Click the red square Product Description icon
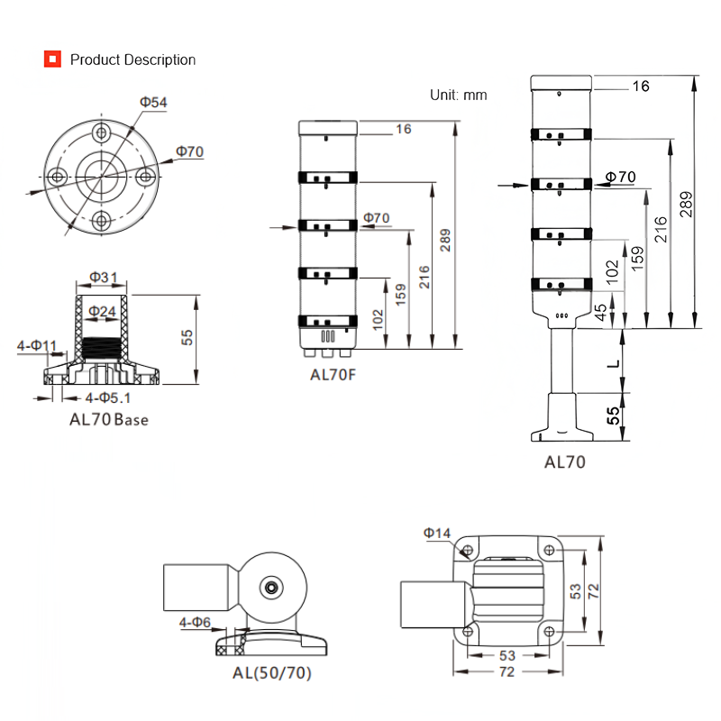pyautogui.click(x=52, y=59)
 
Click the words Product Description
pyautogui.click(x=132, y=59)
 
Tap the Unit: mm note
pyautogui.click(x=458, y=94)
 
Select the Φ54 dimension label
pyautogui.click(x=153, y=103)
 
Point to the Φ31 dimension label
pyautogui.click(x=104, y=277)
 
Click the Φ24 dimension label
pyautogui.click(x=103, y=311)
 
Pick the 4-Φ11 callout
pyautogui.click(x=38, y=345)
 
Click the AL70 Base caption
pyautogui.click(x=109, y=419)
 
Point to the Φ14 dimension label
pyautogui.click(x=437, y=534)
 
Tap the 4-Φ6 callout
pyautogui.click(x=195, y=622)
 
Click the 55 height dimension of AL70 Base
pyautogui.click(x=187, y=337)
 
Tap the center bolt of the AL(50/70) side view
pyautogui.click(x=269, y=588)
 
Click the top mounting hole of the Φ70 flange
pyautogui.click(x=101, y=132)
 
